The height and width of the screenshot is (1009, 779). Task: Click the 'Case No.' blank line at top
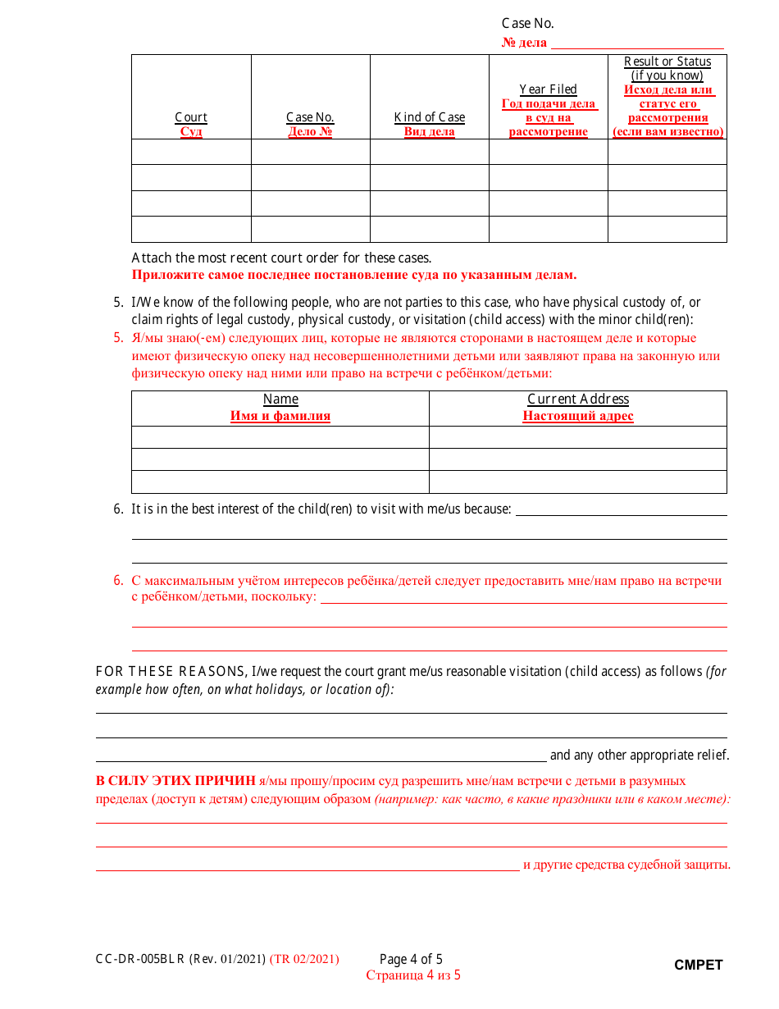point(637,43)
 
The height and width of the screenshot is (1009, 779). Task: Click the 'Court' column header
point(191,117)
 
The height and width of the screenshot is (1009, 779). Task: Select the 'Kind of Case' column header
point(430,117)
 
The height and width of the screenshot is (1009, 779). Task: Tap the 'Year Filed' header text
point(549,89)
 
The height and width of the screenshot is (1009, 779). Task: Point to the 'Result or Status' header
point(667,62)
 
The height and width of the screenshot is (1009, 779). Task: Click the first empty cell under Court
point(191,152)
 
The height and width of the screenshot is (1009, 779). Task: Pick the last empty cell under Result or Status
point(667,229)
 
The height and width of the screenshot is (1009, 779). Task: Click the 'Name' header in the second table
point(280,399)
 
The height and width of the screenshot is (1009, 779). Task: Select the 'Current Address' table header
point(578,399)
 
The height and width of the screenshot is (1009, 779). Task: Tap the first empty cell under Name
point(280,437)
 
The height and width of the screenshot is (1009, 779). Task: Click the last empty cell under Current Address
point(578,482)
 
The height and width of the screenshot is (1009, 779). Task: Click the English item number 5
point(118,303)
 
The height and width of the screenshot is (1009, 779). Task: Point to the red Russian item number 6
point(118,581)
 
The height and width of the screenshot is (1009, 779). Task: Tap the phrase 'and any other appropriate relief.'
point(639,756)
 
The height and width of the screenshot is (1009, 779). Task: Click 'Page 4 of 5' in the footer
point(411,959)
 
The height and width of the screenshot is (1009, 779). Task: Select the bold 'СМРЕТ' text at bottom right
point(699,966)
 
